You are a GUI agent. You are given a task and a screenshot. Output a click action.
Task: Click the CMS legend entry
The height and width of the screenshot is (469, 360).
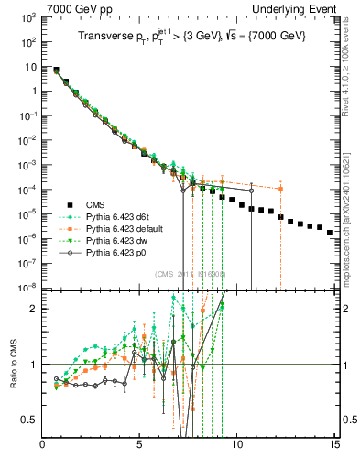click(x=98, y=205)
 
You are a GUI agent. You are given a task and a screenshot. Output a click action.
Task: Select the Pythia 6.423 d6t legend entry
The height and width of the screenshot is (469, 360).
click(x=119, y=216)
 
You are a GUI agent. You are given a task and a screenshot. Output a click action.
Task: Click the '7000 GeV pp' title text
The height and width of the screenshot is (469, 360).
click(x=76, y=7)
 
